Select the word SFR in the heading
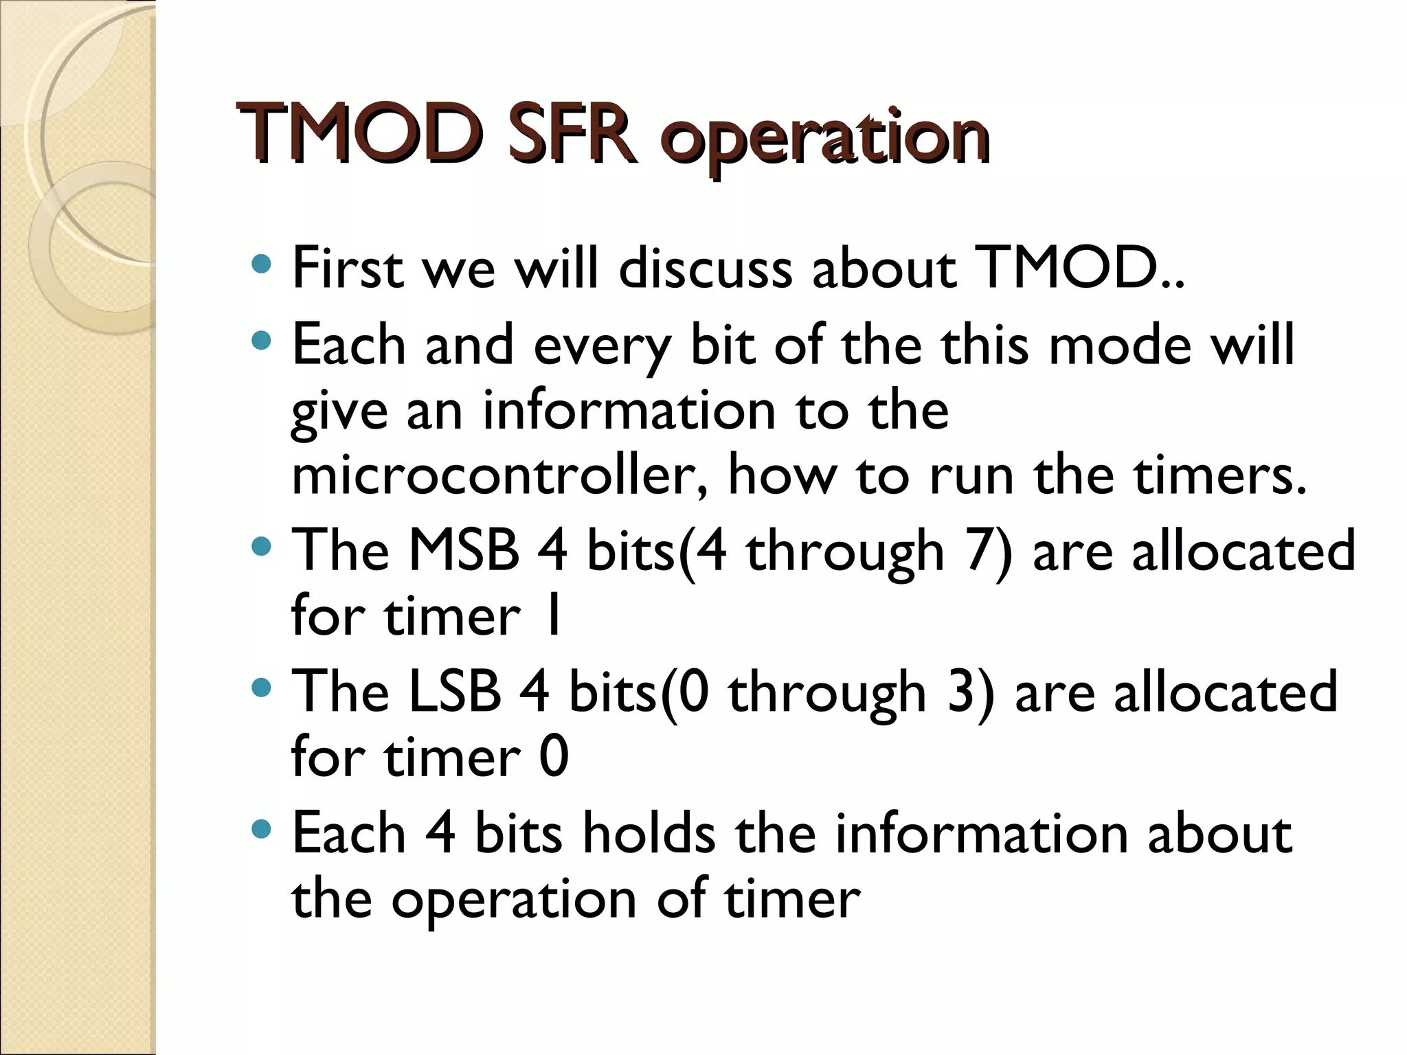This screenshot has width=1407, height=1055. point(571,135)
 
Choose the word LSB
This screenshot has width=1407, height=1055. point(455,692)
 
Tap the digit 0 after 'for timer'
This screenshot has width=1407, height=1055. point(554,757)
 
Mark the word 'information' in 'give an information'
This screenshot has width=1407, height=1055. point(629,411)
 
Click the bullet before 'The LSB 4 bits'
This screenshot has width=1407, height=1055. point(261,688)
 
